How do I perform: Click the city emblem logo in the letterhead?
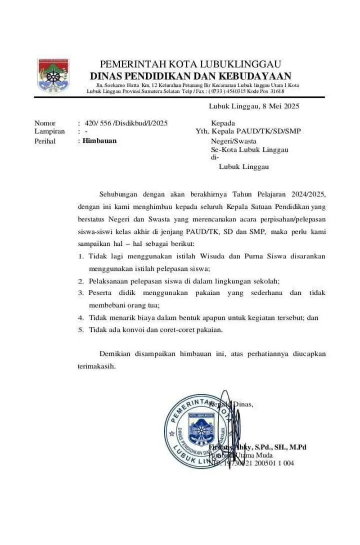point(53,75)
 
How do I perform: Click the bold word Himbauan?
point(99,140)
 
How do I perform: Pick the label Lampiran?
point(49,131)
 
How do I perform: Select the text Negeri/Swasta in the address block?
point(231,140)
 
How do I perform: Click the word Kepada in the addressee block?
point(222,123)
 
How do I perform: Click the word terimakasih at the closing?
point(96,366)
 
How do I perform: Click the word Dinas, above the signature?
point(243,404)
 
